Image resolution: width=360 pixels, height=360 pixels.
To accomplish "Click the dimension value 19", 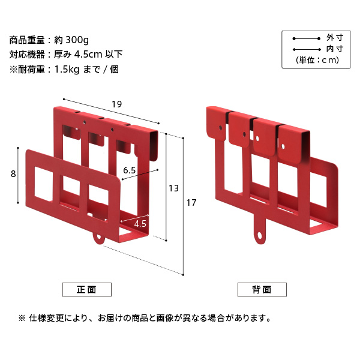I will (x=116, y=104).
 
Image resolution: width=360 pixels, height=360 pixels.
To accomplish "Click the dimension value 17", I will (x=191, y=203).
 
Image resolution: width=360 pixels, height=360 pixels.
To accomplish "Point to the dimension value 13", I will (x=173, y=188).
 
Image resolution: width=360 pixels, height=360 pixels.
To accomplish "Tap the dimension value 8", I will (x=13, y=174).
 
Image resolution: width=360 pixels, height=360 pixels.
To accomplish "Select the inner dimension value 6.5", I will (x=130, y=170).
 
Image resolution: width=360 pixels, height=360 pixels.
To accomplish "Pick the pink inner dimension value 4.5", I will (x=140, y=224).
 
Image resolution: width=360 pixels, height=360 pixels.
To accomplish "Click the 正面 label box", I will (x=86, y=289).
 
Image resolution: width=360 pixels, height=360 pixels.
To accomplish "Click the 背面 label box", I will (x=261, y=289).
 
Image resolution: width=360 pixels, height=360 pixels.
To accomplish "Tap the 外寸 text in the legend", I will (x=334, y=37).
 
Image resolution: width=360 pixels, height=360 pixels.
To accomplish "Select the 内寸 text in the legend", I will (x=334, y=49).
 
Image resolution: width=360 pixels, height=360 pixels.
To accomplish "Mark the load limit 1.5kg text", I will (x=68, y=69).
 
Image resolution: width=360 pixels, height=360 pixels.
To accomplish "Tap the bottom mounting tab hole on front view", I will (x=99, y=239).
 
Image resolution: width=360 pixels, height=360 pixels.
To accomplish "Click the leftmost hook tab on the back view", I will (x=215, y=122).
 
